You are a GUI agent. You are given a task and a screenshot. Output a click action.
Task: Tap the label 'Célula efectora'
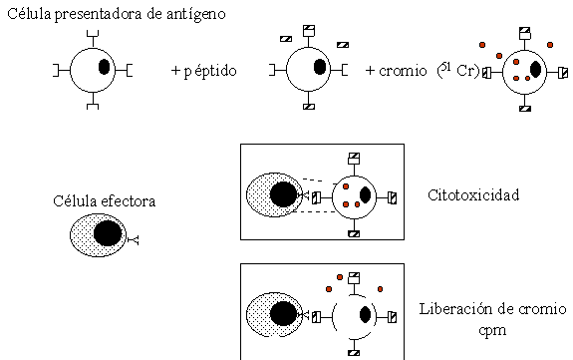(104, 201)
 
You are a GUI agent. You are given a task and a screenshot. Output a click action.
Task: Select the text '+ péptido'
(202, 71)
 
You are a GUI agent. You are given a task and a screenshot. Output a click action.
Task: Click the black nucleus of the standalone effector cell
(107, 234)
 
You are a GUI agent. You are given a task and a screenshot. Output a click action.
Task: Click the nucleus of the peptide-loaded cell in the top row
(319, 68)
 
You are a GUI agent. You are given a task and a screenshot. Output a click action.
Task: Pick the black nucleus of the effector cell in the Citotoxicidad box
(282, 193)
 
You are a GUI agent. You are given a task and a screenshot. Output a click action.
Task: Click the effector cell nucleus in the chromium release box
(283, 314)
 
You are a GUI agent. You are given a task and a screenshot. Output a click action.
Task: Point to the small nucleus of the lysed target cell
(366, 315)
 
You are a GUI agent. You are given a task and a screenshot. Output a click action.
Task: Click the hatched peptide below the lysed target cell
(353, 351)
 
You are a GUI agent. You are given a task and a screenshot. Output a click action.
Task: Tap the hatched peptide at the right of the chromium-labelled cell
(563, 72)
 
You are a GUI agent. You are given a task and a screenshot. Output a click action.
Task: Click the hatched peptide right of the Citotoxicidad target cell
(392, 195)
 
